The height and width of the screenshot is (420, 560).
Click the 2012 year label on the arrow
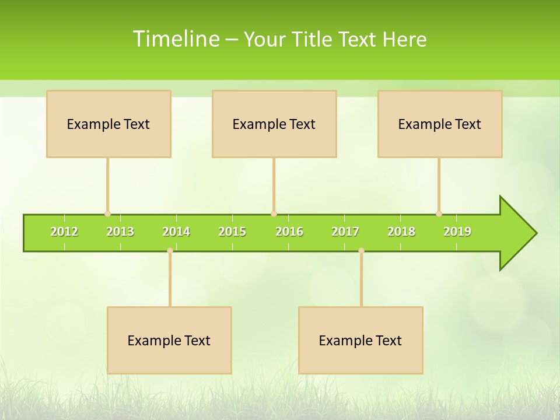64,232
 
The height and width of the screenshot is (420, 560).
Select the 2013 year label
120,232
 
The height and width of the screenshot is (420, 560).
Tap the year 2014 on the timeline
176,232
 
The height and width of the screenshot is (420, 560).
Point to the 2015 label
232,232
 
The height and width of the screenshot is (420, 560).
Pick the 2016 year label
289,232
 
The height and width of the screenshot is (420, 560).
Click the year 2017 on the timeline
345,232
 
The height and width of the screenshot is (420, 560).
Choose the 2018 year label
401,232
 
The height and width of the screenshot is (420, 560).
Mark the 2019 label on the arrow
457,232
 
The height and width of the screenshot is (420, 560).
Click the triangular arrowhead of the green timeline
517,233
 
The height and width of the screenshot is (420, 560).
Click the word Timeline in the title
176,39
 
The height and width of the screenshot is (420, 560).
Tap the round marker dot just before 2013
107,213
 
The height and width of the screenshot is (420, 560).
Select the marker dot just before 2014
170,250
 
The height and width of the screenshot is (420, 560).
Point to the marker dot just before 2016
274,213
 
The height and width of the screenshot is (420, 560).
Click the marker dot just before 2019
439,213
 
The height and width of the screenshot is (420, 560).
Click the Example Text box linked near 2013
108,124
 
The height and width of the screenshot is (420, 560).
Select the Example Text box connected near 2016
274,124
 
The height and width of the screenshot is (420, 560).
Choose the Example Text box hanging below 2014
169,340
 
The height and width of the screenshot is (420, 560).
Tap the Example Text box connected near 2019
440,124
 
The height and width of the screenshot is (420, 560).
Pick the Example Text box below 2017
360,340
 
